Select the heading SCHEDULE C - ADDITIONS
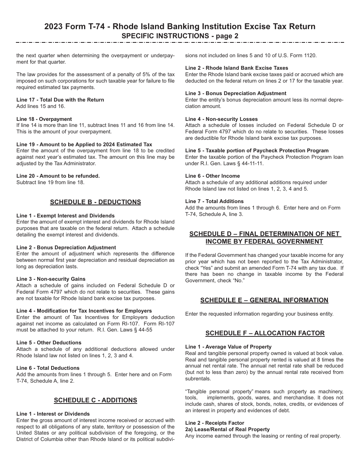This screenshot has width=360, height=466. tap(95, 400)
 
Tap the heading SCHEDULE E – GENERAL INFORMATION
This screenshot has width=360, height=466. tap(264, 300)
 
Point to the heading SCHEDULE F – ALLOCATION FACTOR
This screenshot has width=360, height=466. tap(265, 333)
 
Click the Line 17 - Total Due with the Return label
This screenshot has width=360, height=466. tap(60, 100)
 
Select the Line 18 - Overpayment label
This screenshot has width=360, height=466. tap(44, 119)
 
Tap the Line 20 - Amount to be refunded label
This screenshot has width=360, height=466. tap(58, 176)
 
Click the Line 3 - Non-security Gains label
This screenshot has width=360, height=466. tap(51, 279)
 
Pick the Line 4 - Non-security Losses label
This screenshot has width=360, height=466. tap(221, 119)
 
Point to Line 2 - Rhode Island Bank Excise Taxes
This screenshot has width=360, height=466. tap(237, 68)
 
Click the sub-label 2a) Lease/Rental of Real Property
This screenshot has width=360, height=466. tap(227, 429)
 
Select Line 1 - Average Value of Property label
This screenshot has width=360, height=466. tap(229, 347)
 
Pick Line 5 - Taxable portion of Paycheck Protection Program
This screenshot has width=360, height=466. tap(257, 150)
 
